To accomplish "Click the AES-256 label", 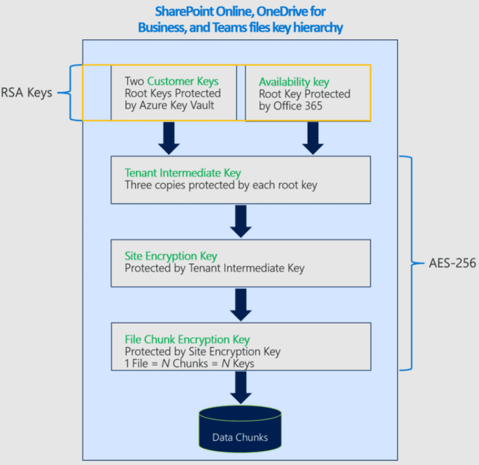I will point(452,264).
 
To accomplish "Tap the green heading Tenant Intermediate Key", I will point(183,173).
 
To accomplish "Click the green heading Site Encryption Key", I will point(171,256).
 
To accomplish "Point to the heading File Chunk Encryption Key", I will point(187,339).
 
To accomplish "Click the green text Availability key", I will point(293,82).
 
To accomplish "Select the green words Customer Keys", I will point(183,82).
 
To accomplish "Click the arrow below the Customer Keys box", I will point(169,138).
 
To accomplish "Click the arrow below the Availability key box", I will point(313,138).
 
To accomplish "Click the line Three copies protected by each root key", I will point(221,185).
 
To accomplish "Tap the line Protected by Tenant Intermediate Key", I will point(215,268).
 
